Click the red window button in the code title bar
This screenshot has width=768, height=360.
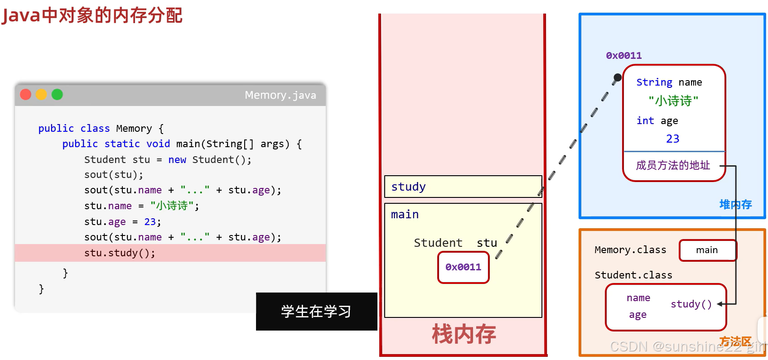26,94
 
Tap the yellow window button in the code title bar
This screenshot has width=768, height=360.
42,94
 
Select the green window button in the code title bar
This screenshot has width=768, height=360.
57,94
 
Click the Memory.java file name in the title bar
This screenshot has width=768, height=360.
280,95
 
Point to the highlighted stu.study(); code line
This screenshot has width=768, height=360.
120,253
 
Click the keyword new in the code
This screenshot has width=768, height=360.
177,159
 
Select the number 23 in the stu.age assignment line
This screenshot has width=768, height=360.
150,221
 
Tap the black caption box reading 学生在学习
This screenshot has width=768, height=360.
316,312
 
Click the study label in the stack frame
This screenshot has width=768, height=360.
408,187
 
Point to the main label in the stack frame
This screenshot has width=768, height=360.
405,215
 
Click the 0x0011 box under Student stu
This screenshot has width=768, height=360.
463,267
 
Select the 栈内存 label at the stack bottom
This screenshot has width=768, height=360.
464,334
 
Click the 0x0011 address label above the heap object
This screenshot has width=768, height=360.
623,56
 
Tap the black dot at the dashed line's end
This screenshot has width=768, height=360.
618,77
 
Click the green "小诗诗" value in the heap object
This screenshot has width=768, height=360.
673,101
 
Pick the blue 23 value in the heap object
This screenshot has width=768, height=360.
673,139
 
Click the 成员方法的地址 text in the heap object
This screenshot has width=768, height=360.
673,165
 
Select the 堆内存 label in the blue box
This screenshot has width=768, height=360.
735,205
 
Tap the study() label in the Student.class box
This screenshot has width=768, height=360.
691,304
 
